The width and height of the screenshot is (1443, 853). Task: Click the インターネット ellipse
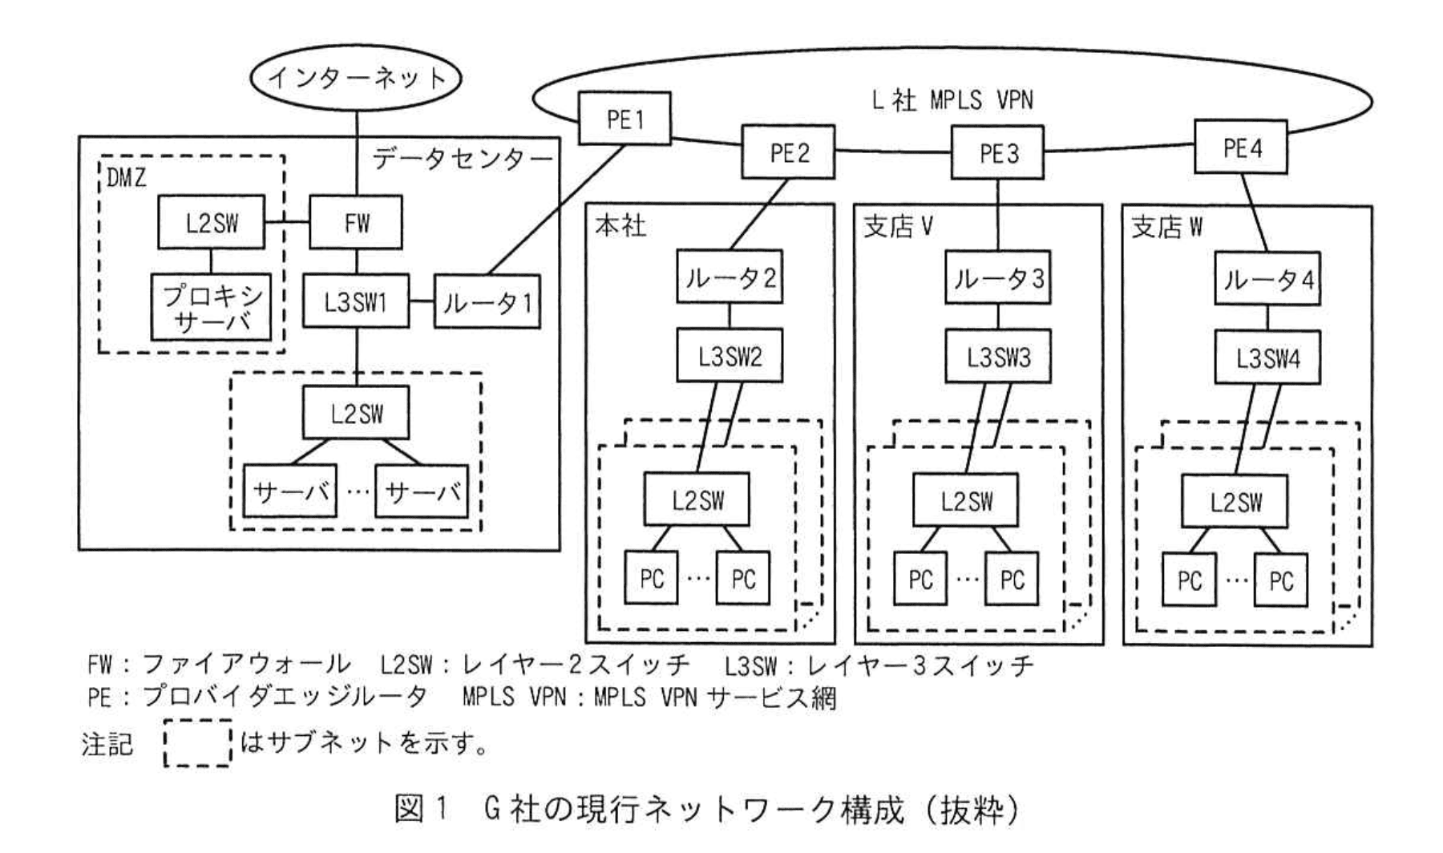click(356, 78)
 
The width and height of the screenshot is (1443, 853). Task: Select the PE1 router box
click(624, 119)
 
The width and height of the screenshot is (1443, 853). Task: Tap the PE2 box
click(788, 152)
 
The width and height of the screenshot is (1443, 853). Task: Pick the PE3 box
click(997, 152)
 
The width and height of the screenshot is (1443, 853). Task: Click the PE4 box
click(1240, 148)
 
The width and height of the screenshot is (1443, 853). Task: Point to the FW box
click(356, 222)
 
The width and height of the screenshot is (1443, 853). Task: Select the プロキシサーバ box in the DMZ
click(212, 308)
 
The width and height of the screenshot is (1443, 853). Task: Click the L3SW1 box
click(356, 301)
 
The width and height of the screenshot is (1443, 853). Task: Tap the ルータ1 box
click(487, 302)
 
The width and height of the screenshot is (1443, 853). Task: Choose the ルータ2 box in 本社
click(730, 277)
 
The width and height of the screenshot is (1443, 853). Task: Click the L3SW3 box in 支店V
click(997, 357)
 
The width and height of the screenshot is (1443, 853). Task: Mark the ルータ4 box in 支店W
click(1267, 279)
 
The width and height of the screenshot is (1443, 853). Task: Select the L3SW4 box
click(1267, 358)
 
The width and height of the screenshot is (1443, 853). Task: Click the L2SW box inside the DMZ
click(212, 222)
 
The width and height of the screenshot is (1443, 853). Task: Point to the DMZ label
click(127, 178)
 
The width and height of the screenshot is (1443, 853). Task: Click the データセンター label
click(462, 159)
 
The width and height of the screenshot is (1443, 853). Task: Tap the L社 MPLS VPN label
click(952, 100)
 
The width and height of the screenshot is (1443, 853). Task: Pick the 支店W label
click(1166, 228)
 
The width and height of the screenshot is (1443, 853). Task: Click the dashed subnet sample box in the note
click(197, 744)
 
